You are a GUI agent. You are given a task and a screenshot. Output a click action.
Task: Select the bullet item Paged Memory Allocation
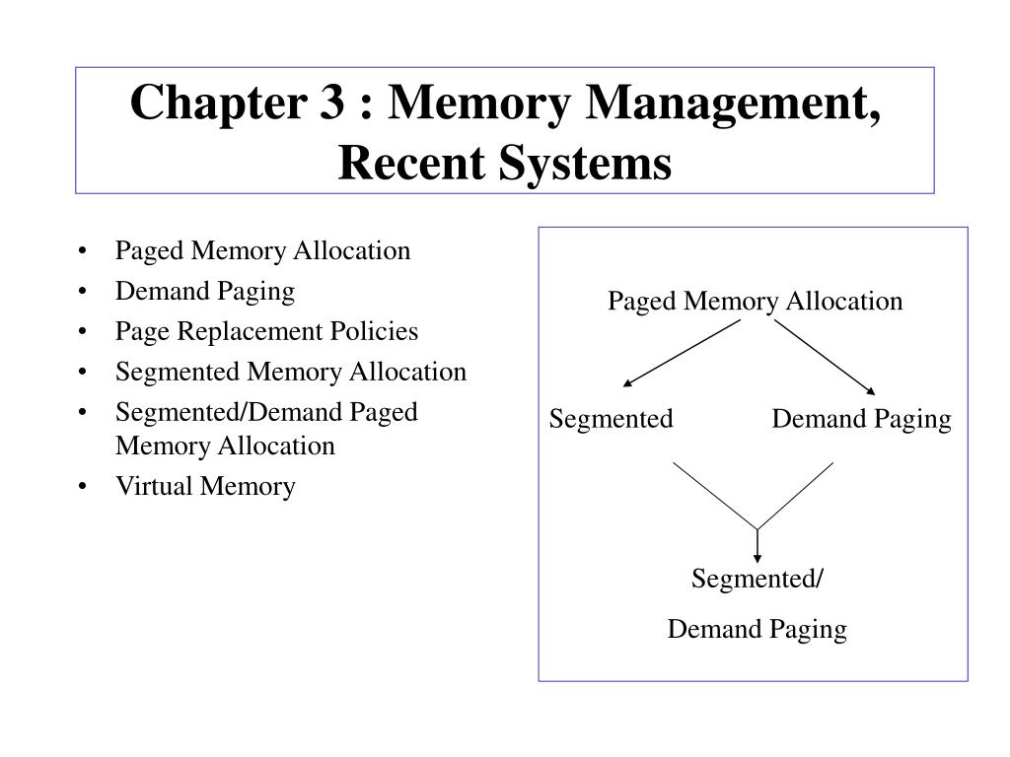[x=262, y=251]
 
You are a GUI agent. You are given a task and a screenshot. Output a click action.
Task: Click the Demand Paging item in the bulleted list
[x=205, y=292]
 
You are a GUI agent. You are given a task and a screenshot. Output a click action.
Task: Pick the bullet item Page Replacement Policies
[x=266, y=332]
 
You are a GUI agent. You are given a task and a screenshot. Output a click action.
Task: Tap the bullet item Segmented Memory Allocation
[x=290, y=373]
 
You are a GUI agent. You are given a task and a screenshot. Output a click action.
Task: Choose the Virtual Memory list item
[x=205, y=487]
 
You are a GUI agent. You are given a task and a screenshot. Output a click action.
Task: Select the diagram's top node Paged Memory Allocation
[x=755, y=302]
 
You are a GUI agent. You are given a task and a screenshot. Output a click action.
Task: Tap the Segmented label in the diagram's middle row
[x=611, y=420]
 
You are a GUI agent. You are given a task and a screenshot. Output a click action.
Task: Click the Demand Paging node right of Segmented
[x=861, y=420]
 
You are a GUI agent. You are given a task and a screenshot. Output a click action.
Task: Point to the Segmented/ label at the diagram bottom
[x=757, y=579]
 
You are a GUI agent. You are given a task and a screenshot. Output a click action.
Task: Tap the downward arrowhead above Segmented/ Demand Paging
[x=757, y=556]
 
